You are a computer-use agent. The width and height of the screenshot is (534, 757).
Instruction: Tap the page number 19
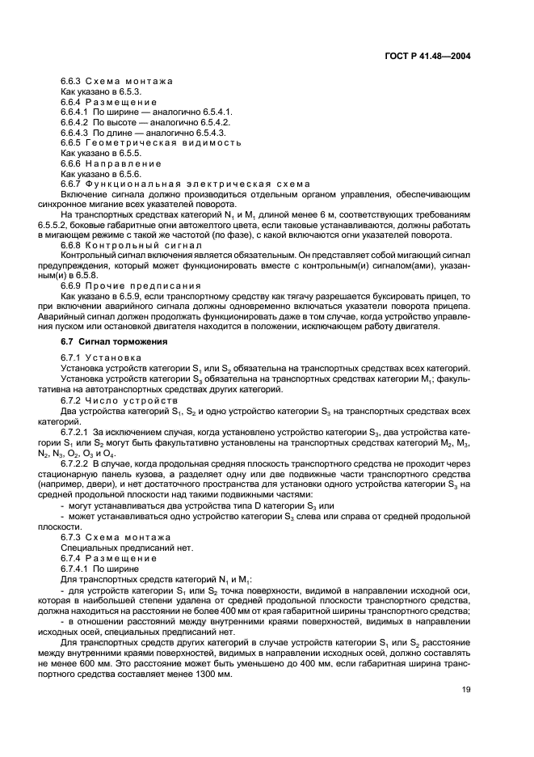(x=466, y=690)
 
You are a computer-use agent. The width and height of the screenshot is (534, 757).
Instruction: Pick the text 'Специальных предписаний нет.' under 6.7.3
(x=114, y=548)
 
